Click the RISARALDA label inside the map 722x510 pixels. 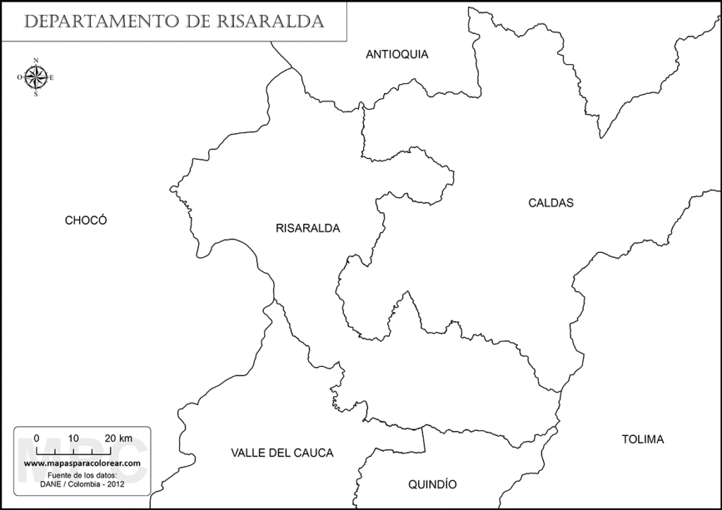click(308, 228)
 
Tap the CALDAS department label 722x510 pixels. click(551, 203)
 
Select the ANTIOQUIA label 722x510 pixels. click(397, 54)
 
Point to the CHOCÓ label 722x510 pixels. click(85, 220)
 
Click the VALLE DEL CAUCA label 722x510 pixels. click(282, 453)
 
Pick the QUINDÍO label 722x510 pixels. click(432, 485)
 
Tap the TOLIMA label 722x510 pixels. click(642, 440)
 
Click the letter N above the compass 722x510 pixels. click(36, 61)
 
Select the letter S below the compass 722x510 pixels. click(36, 94)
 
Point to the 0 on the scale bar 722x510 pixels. click(37, 437)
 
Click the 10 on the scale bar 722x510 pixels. click(73, 437)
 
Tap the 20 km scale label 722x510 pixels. click(117, 437)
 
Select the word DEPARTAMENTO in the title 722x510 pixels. click(99, 21)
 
